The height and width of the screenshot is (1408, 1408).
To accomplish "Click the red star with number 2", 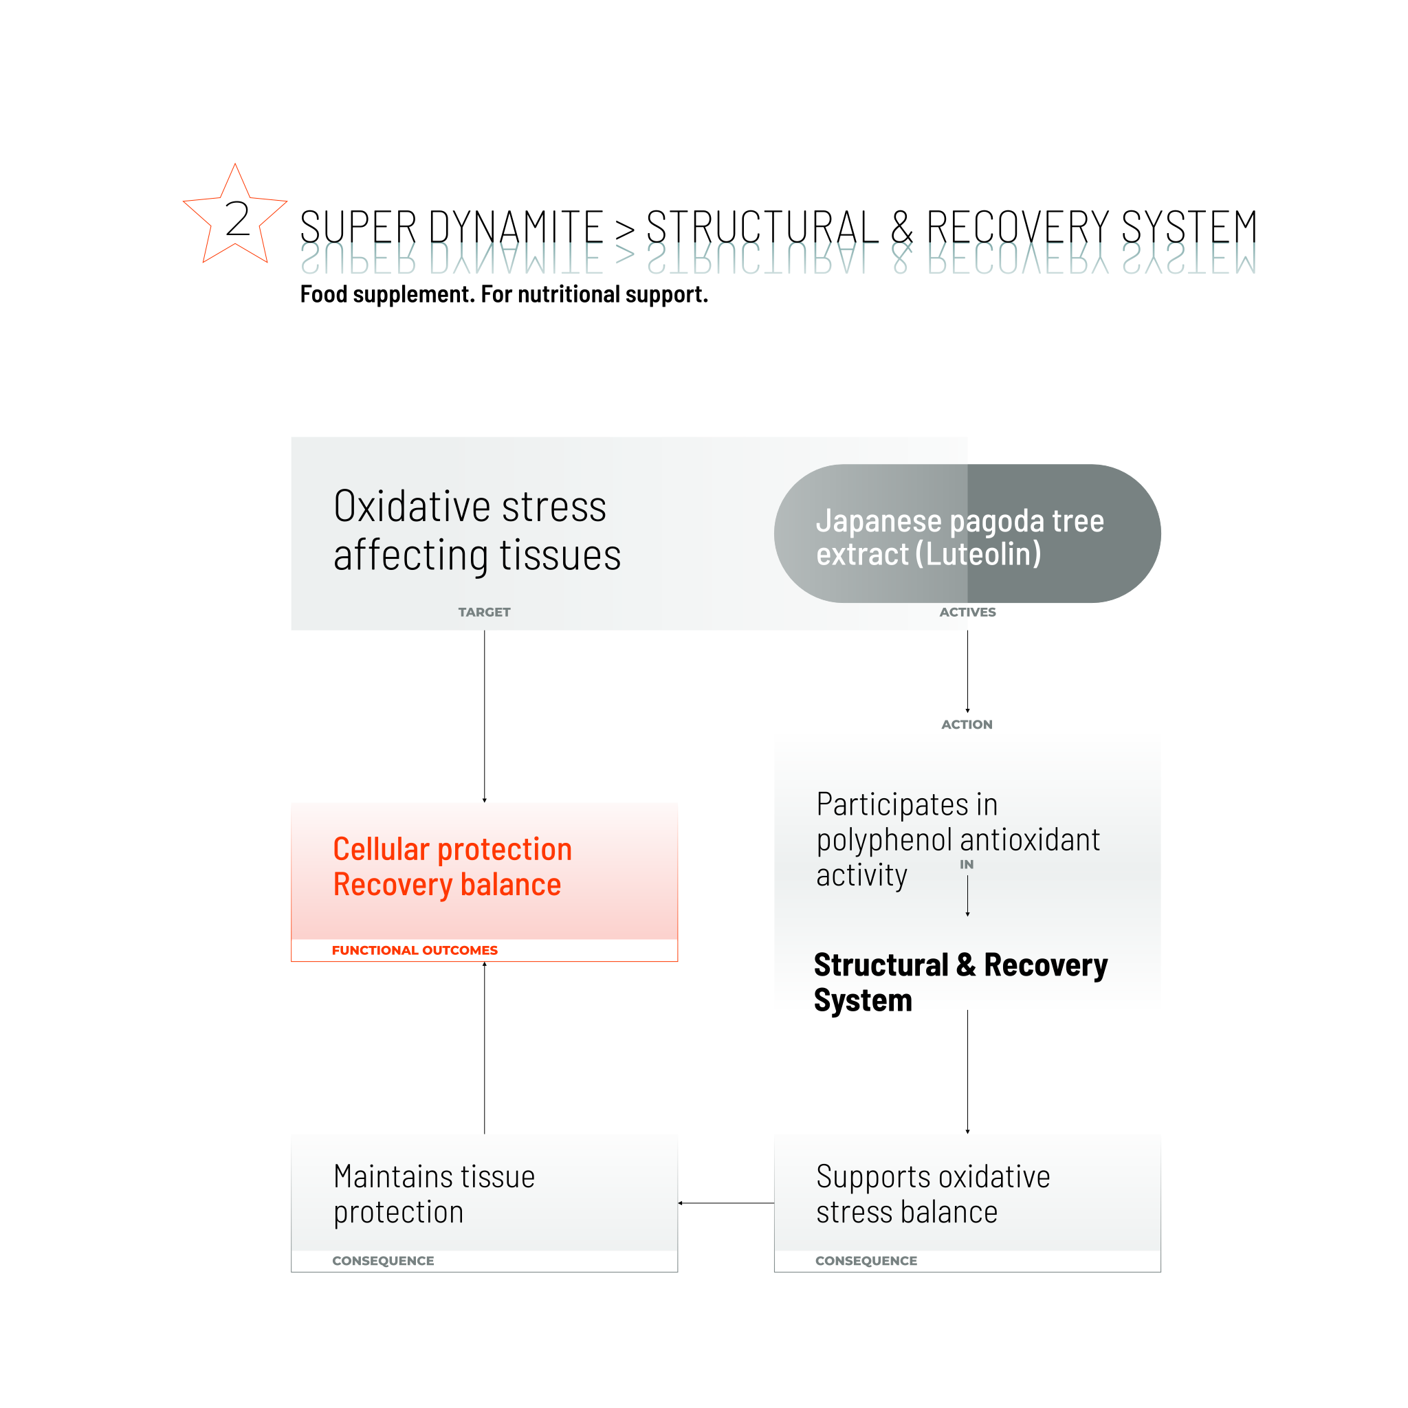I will tap(234, 217).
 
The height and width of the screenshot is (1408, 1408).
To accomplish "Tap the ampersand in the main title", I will tap(901, 228).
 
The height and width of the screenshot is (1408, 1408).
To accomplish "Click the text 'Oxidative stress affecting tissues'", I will tap(476, 530).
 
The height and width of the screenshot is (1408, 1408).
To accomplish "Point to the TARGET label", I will tap(484, 612).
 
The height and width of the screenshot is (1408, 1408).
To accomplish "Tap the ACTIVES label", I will tap(967, 612).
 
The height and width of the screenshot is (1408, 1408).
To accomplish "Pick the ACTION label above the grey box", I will tap(967, 725).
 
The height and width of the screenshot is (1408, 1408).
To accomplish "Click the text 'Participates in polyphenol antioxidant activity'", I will tap(957, 839).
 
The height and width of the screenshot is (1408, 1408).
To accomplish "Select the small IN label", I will tap(967, 864).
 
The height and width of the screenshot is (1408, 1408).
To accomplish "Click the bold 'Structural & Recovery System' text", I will tap(960, 982).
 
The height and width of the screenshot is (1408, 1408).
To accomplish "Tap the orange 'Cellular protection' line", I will tap(452, 849).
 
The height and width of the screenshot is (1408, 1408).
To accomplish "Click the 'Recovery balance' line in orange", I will tap(447, 885).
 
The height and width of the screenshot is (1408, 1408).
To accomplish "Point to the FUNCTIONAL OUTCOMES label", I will tap(415, 950).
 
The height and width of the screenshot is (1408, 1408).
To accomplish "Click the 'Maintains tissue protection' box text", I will tap(434, 1193).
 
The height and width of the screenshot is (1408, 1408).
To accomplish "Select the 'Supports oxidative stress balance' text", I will tap(933, 1193).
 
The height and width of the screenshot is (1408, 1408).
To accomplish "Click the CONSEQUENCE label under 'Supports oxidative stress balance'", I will tap(866, 1261).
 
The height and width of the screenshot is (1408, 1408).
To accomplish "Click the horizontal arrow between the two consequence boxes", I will tap(726, 1203).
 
